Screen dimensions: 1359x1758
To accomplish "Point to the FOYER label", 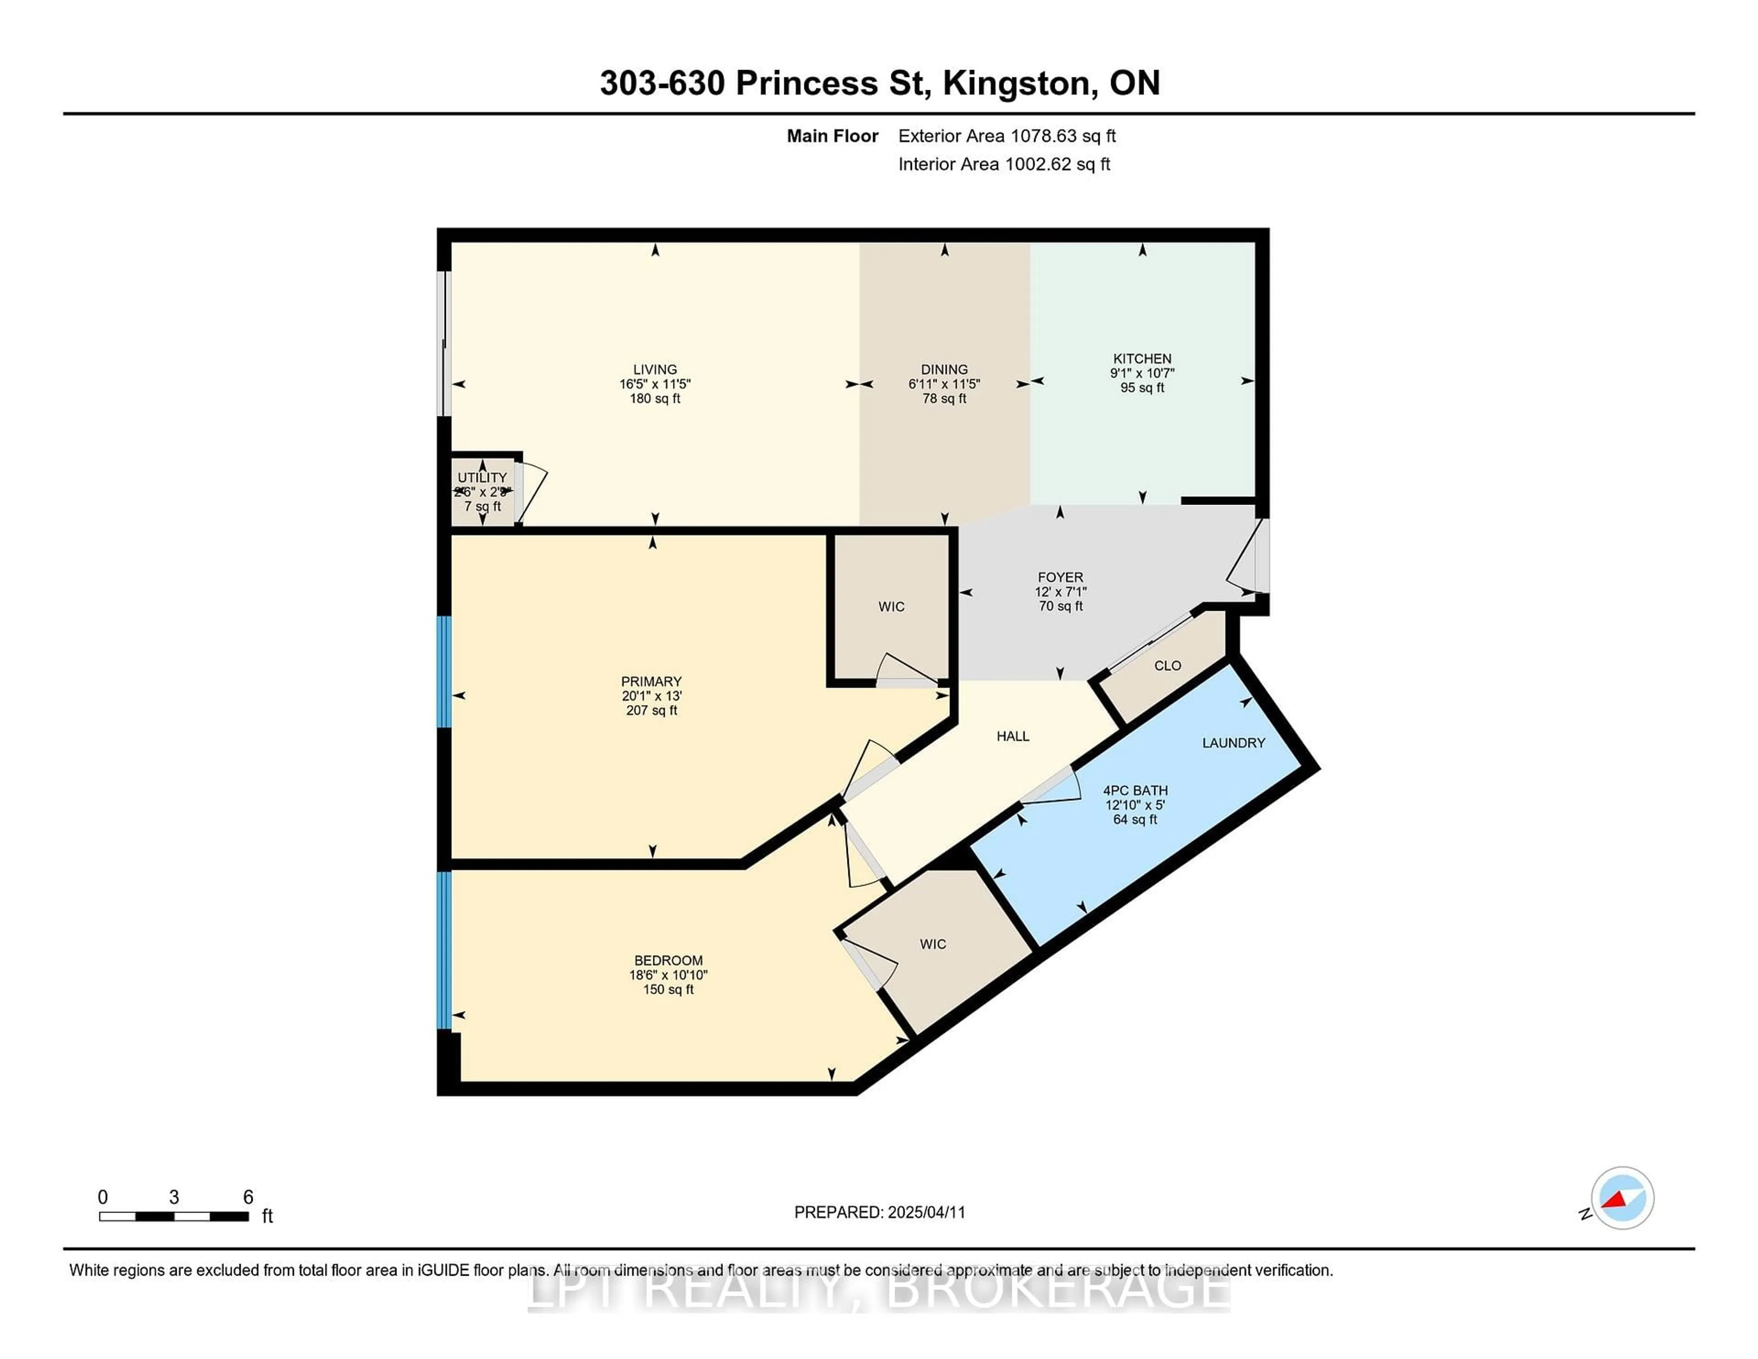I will coord(1060,577).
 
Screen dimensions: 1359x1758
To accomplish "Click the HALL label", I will coord(1013,736).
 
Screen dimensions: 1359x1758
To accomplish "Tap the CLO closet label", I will coord(1167,666).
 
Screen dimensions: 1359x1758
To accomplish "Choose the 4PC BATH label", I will coord(1135,791).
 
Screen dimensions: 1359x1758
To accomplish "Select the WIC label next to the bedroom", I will coord(933,944).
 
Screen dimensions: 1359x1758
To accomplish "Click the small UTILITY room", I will coord(482,491).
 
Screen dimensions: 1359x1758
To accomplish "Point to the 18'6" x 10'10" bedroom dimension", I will coord(668,975).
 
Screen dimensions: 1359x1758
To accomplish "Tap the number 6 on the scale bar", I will coord(249,1197).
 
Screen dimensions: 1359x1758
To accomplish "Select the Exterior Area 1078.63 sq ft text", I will coord(1007,136).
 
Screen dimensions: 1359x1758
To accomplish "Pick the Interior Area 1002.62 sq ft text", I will coord(1004,164).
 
